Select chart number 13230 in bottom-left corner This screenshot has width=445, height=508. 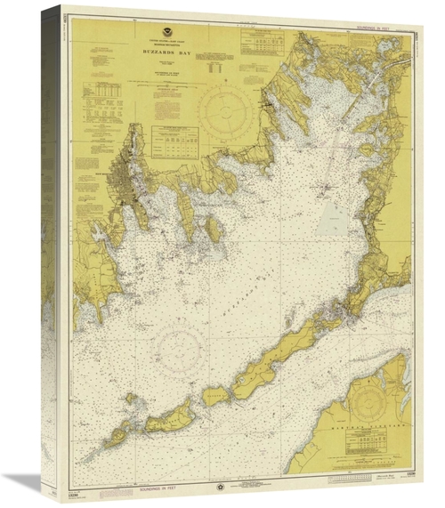point(73,481)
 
